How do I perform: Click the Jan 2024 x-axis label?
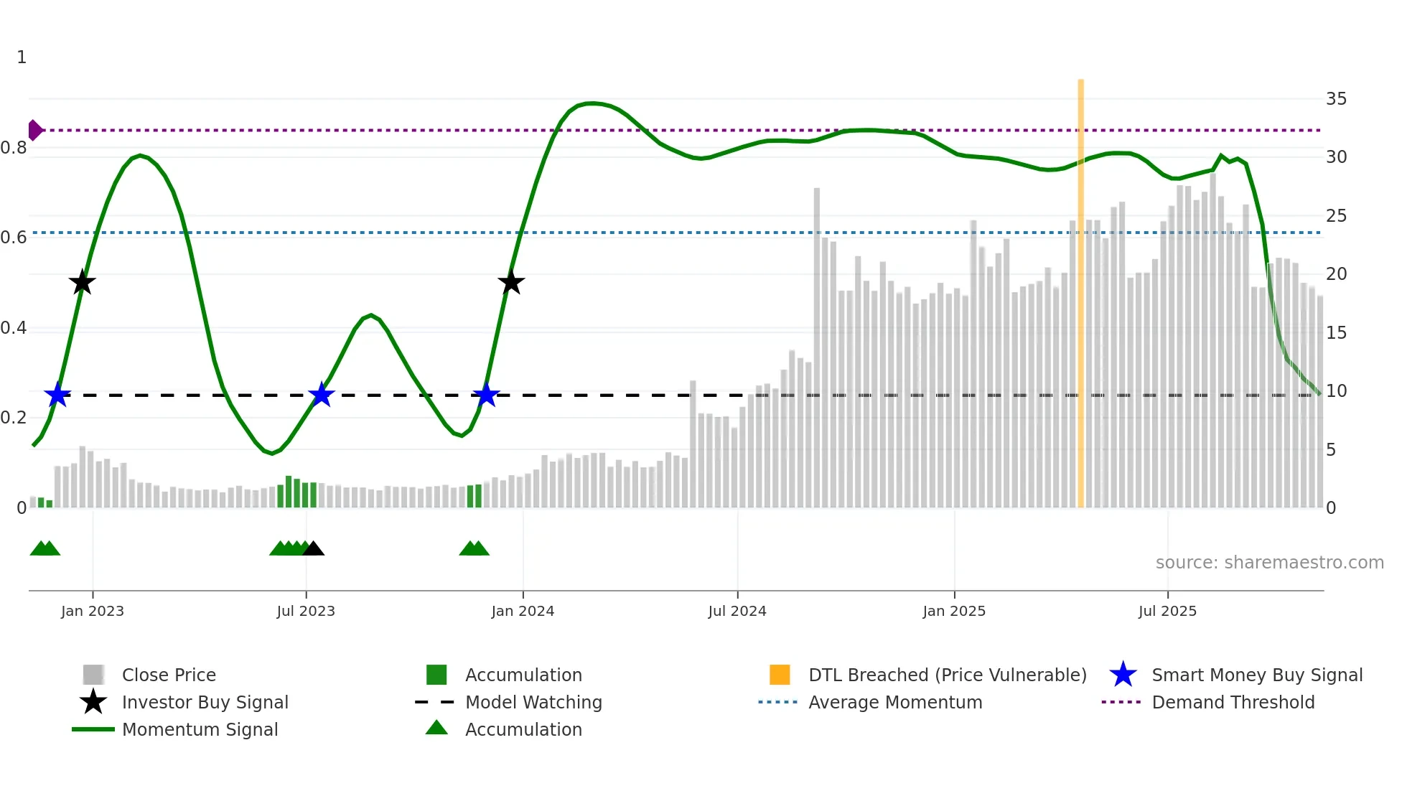pyautogui.click(x=523, y=611)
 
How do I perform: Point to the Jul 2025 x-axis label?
pyautogui.click(x=1167, y=611)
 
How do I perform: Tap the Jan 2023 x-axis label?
pyautogui.click(x=93, y=611)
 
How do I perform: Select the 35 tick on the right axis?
pyautogui.click(x=1336, y=98)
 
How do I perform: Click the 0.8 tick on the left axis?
pyautogui.click(x=14, y=148)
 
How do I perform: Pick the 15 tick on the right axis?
pyautogui.click(x=1336, y=332)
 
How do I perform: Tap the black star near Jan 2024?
pyautogui.click(x=511, y=283)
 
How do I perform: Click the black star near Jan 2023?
pyautogui.click(x=82, y=283)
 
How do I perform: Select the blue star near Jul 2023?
pyautogui.click(x=321, y=395)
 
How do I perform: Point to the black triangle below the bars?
pyautogui.click(x=313, y=549)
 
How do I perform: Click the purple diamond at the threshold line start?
pyautogui.click(x=34, y=130)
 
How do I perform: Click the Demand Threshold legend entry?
pyautogui.click(x=1233, y=702)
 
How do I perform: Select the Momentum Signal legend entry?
pyautogui.click(x=200, y=729)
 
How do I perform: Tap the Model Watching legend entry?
pyautogui.click(x=533, y=702)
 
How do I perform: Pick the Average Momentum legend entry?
pyautogui.click(x=894, y=702)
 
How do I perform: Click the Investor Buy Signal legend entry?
pyautogui.click(x=205, y=702)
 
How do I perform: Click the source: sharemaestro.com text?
pyautogui.click(x=1269, y=562)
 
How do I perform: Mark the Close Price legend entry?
pyautogui.click(x=169, y=675)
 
